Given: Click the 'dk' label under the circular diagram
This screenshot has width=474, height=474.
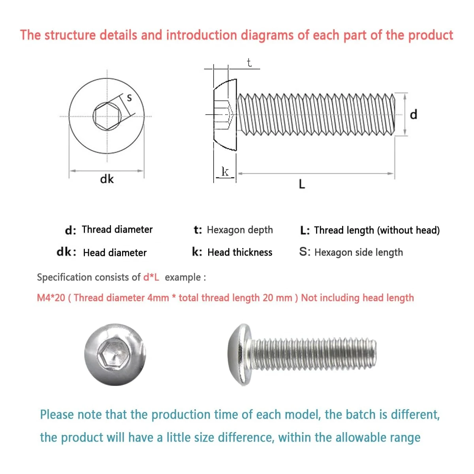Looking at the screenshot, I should tap(107, 179).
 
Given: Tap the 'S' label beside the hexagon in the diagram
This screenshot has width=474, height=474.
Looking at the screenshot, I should tap(129, 98).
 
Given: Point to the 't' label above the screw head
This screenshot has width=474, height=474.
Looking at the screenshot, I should tap(249, 62).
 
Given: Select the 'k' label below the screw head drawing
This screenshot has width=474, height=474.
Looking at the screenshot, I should tap(225, 171).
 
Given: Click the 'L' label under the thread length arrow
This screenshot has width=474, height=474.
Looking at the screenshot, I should tap(302, 184).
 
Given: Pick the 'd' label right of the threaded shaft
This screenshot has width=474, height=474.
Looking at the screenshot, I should tap(413, 115).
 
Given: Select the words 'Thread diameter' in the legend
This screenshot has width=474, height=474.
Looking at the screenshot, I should tap(117, 229).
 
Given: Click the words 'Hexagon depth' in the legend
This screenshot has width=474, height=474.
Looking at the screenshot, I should tap(240, 230).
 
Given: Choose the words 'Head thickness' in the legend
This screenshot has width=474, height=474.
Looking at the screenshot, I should tap(240, 252).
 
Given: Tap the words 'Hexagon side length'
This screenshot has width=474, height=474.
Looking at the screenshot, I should tap(358, 252).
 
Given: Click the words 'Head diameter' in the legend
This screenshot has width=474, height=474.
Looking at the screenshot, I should tap(115, 253).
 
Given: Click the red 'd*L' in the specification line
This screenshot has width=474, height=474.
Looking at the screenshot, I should tap(151, 277).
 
